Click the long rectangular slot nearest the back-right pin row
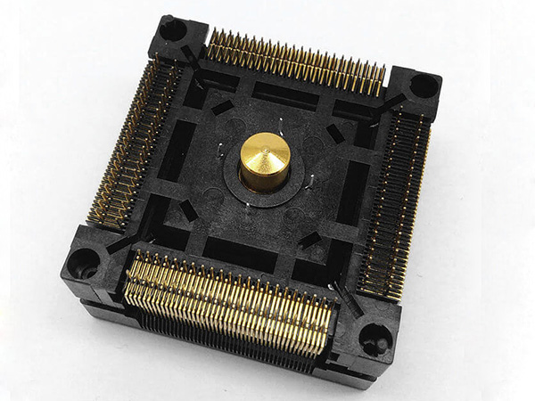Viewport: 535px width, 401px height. pos(285,94)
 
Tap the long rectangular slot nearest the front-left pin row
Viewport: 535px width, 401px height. pos(239,254)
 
